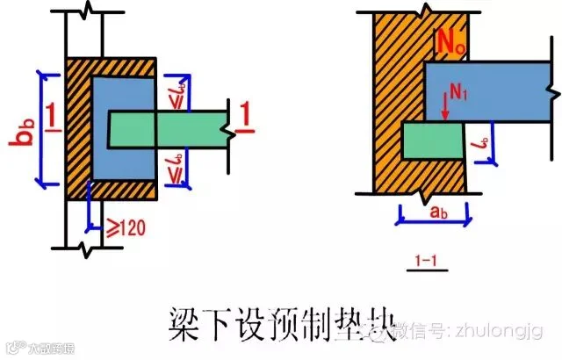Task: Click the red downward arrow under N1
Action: [x=446, y=104]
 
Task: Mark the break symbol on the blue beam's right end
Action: [x=550, y=90]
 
